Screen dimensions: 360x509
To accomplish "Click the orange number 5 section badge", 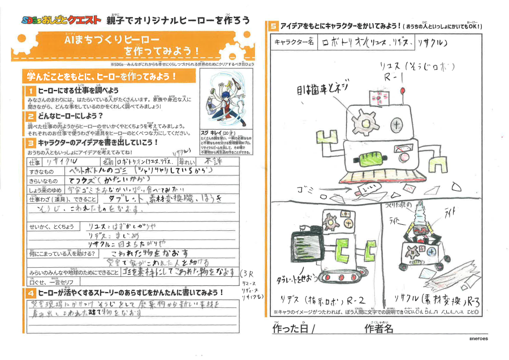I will coord(273,26).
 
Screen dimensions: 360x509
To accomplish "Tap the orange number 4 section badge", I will coord(30,293).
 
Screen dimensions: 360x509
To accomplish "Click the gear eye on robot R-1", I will coord(362,120).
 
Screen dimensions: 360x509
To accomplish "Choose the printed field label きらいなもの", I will coord(41,179).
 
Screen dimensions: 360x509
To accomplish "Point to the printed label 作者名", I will coord(379,328).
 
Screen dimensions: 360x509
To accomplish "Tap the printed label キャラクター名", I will coord(294,42).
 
